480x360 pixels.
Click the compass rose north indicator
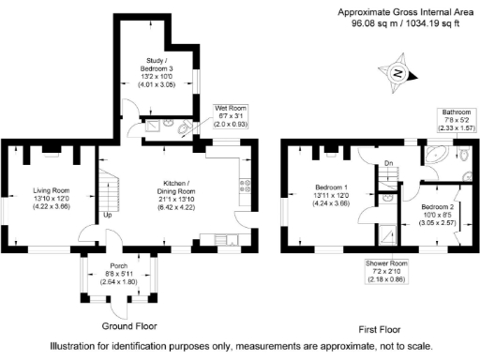(x=397, y=73)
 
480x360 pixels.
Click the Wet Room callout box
(x=231, y=115)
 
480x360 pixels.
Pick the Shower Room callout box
(x=386, y=272)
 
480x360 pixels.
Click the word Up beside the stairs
(x=109, y=216)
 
